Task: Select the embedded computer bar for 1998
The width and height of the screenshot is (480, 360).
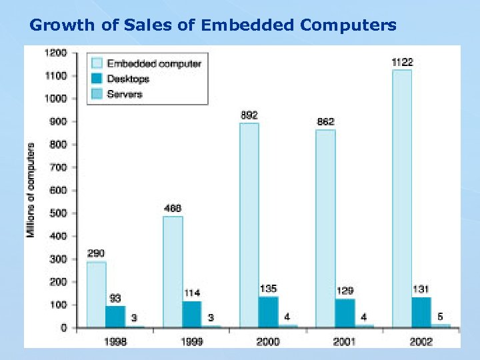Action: tap(96, 294)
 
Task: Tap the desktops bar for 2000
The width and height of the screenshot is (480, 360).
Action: tap(268, 311)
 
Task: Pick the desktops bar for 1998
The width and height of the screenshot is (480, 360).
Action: tap(115, 316)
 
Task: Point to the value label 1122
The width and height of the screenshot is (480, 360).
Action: tap(402, 62)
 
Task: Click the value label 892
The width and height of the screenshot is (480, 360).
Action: tap(249, 115)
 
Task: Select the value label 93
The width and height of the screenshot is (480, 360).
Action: tap(115, 298)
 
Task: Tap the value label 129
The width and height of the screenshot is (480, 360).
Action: tap(345, 291)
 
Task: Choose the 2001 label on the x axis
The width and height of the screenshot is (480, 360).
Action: tap(345, 341)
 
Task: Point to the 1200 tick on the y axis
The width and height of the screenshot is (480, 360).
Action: tap(55, 53)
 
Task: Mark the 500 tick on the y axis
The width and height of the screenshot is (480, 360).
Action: tap(58, 213)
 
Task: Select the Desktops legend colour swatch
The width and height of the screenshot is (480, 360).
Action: tap(97, 79)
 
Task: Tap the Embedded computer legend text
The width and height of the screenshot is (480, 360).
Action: tap(154, 63)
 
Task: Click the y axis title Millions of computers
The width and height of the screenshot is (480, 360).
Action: tap(31, 190)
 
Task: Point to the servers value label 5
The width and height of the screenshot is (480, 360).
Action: tap(440, 316)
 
